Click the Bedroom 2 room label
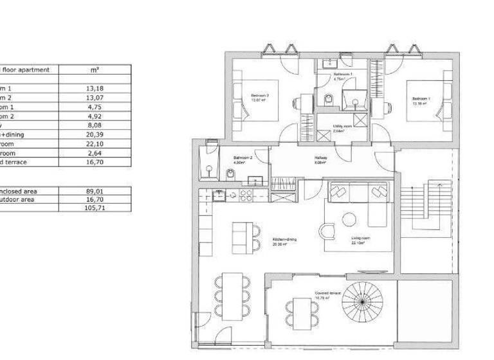click(x=259, y=97)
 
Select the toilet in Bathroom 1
click(x=329, y=98)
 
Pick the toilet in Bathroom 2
click(x=230, y=174)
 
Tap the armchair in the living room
click(x=327, y=231)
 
